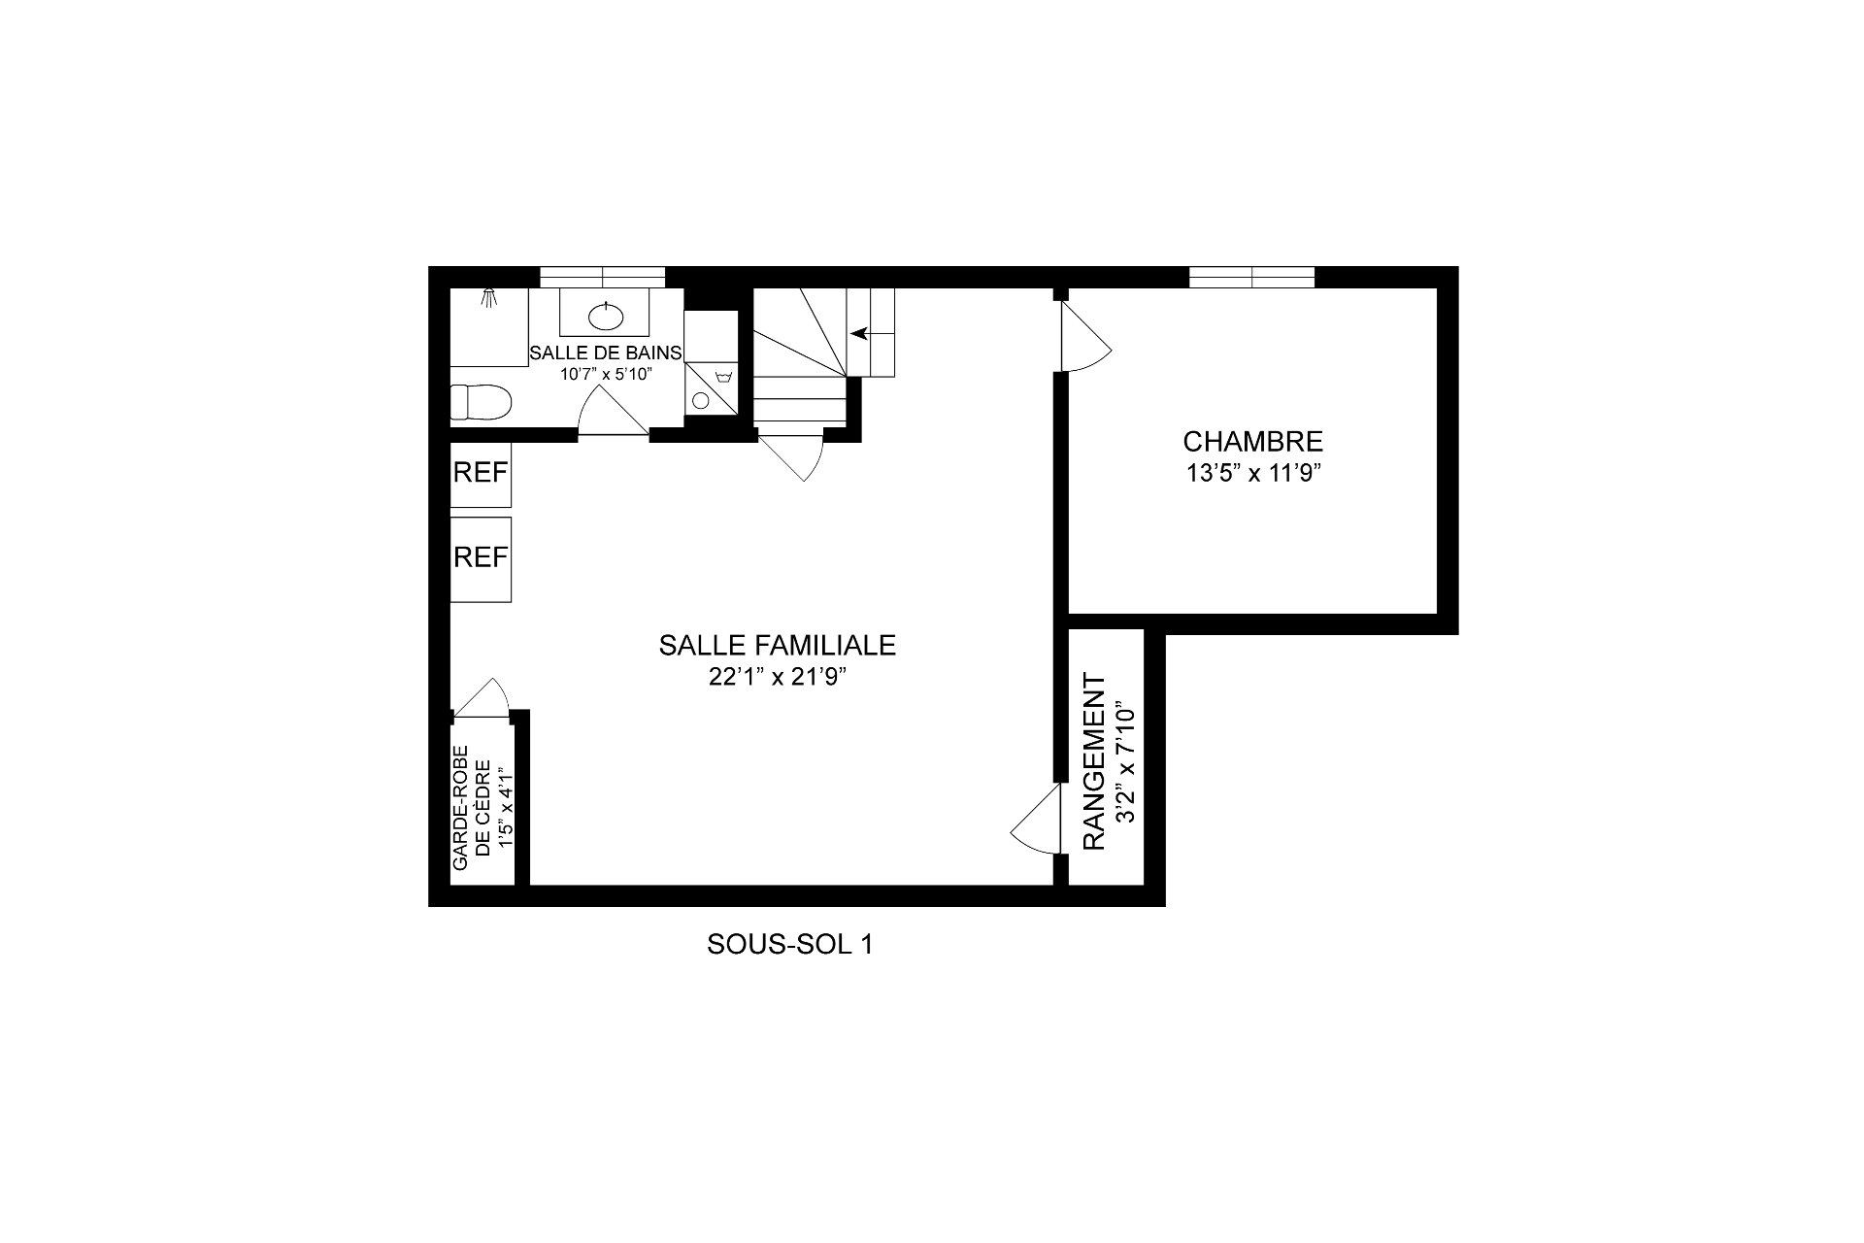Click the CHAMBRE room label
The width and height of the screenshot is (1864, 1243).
1252,442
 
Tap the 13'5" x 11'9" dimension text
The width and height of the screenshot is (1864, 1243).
1252,474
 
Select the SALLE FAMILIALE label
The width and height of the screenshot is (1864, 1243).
777,645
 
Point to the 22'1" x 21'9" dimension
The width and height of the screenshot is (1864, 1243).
777,678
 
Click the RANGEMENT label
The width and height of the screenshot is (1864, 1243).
1094,761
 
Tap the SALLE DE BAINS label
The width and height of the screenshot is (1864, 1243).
605,352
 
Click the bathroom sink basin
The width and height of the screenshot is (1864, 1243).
606,316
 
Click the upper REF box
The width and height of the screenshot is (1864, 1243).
481,473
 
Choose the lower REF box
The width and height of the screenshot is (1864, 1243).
481,557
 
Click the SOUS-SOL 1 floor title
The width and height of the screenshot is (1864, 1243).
789,944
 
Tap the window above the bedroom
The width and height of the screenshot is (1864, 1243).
1251,278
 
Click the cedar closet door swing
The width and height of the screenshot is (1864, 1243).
483,698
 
